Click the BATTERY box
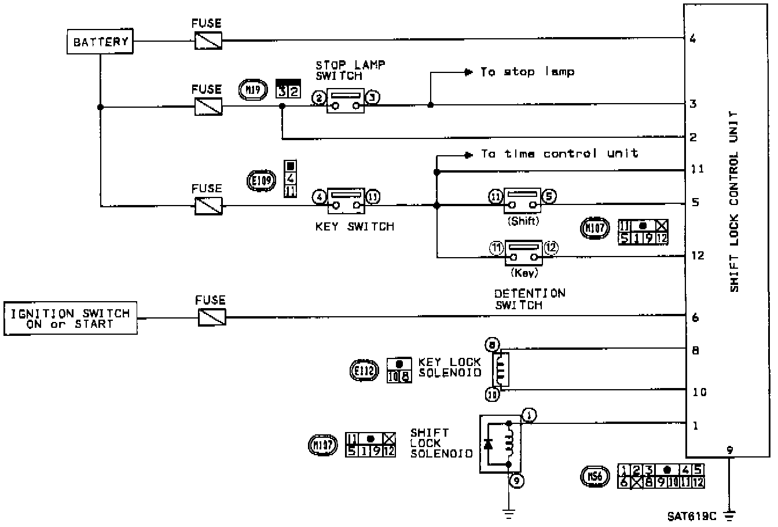click(100, 42)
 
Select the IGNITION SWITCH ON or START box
click(71, 319)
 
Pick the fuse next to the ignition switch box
click(211, 317)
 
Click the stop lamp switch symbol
click(345, 101)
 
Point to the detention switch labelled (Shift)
click(522, 200)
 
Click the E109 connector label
click(259, 180)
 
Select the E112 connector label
click(365, 370)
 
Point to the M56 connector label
click(594, 476)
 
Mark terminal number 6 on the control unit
click(695, 317)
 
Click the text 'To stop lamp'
click(527, 72)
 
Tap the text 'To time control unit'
click(559, 153)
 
